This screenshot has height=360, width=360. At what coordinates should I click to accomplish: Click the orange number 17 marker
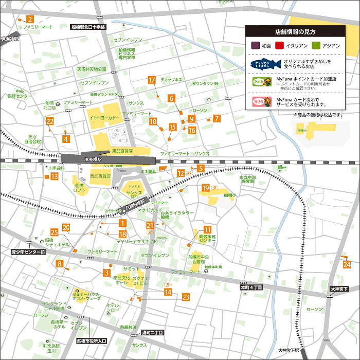click(x=152, y=80)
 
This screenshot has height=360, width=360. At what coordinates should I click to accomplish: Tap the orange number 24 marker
click(x=347, y=264)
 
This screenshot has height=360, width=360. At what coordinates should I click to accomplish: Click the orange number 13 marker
click(x=55, y=176)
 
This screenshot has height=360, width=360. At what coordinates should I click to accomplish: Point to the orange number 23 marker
click(x=186, y=297)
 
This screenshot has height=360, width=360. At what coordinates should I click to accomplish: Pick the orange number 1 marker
click(x=122, y=223)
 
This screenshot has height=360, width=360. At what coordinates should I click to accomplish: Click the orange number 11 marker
click(x=207, y=230)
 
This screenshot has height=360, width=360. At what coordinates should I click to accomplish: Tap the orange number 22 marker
click(x=50, y=121)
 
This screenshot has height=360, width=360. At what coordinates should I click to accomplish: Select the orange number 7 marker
click(x=217, y=119)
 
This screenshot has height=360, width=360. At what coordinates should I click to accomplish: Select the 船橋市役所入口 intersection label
click(x=92, y=340)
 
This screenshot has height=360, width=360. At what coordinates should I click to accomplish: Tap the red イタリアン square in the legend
click(x=280, y=46)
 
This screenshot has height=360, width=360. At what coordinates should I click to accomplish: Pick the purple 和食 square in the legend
click(x=254, y=46)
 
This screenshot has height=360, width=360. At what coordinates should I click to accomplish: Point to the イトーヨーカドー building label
click(x=104, y=118)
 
